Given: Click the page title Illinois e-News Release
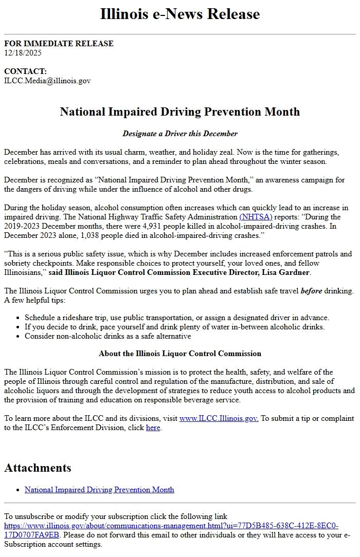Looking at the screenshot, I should pos(180,14).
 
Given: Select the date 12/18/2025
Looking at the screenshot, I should pos(23,52).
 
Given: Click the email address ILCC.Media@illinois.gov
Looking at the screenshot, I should pos(47,81).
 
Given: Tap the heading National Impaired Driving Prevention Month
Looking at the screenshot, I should pos(180,112).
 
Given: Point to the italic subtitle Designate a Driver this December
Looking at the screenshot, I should pos(180,134).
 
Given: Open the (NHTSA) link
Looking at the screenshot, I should pos(256,217).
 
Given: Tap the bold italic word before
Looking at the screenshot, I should pos(311,291).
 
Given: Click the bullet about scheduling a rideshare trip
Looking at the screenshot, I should pos(177,318).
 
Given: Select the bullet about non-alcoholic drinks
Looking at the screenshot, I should pos(108,336).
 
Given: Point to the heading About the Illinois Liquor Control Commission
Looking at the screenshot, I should pos(180,354).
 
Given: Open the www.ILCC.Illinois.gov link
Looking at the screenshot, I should pos(219,418).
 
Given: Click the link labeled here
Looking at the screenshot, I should pos(153,428).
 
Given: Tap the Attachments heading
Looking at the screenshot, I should pos(38,468).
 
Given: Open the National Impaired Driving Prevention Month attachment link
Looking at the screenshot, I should pos(99,490).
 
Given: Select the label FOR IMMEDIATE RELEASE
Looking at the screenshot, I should pos(59,44).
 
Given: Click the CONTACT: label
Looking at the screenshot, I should pos(25,71).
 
